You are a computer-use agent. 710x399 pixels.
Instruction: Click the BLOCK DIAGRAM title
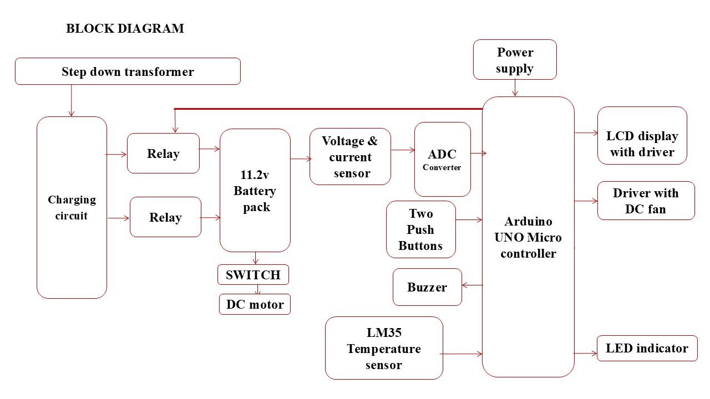(x=125, y=29)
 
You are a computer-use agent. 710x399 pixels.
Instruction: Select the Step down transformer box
(x=128, y=71)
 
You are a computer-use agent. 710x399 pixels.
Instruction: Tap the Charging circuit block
(x=72, y=207)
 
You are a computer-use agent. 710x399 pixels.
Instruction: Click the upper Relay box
(x=163, y=154)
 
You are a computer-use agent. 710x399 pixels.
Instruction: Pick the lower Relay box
(x=165, y=217)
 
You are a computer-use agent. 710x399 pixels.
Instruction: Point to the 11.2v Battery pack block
(x=255, y=191)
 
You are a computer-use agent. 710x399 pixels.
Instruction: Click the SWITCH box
(x=253, y=274)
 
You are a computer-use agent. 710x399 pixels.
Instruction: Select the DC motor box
(x=255, y=304)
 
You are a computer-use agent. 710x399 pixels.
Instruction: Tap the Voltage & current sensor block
(x=350, y=157)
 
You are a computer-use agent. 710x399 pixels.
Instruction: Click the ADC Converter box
(x=442, y=160)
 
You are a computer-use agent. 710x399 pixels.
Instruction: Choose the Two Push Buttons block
(x=420, y=229)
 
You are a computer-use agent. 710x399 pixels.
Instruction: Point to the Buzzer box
(x=427, y=287)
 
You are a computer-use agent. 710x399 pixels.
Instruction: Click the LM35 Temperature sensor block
(x=384, y=348)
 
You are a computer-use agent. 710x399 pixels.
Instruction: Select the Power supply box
(x=515, y=60)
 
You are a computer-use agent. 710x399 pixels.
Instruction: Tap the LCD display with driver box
(x=642, y=144)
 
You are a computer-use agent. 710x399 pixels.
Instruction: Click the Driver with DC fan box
(x=646, y=201)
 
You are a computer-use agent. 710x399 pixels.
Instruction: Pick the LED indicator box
(x=647, y=348)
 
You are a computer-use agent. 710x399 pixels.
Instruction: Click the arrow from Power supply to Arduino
(x=515, y=88)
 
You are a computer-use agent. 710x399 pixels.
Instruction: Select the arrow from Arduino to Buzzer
(x=472, y=285)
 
